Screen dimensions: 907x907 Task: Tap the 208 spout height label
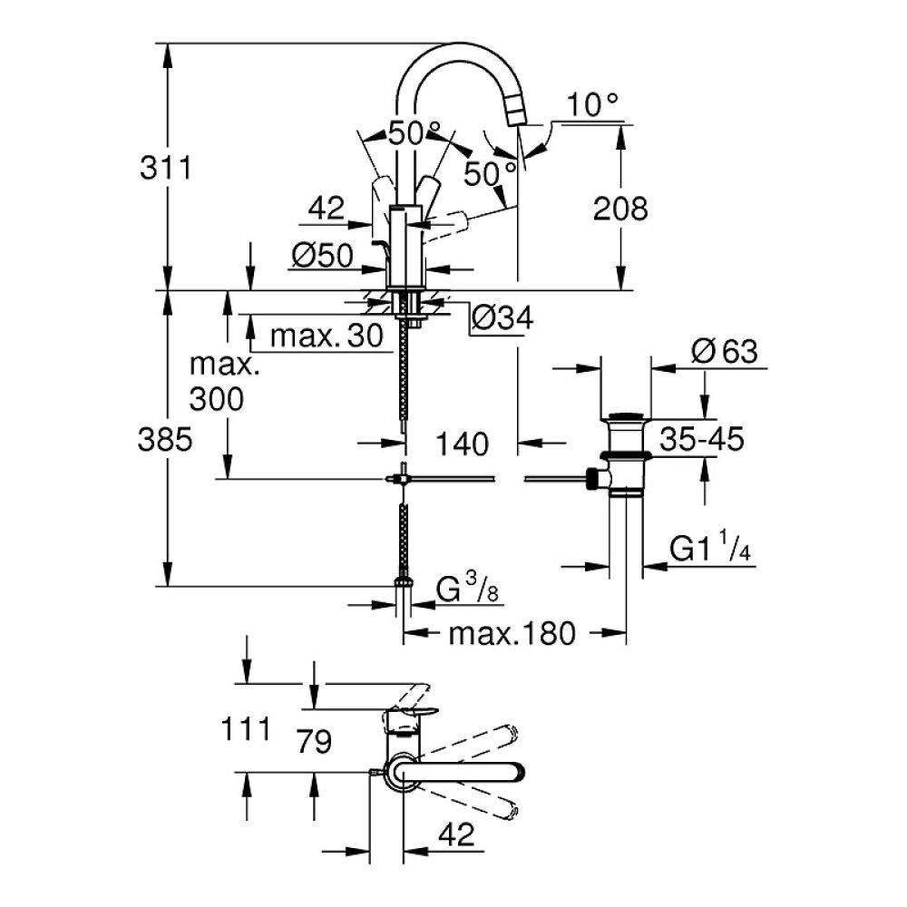coord(621,210)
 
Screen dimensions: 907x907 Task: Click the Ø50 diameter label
coord(322,258)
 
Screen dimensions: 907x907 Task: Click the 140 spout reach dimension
coord(462,444)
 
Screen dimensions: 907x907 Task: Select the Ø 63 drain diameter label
coord(724,352)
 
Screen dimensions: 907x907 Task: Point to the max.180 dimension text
coord(512,634)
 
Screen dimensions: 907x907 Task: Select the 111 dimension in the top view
coord(245,728)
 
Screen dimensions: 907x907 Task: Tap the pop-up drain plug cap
coord(627,418)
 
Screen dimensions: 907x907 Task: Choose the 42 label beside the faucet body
coord(326,210)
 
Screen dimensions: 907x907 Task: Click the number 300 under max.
coord(217,398)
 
